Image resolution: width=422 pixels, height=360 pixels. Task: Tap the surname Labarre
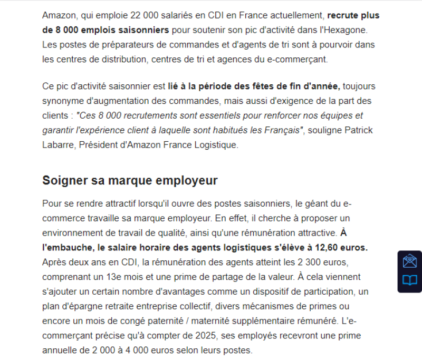click(x=59, y=145)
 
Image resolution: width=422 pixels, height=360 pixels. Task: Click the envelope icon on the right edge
click(x=410, y=261)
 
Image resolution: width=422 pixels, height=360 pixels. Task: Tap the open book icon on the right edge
click(x=410, y=280)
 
